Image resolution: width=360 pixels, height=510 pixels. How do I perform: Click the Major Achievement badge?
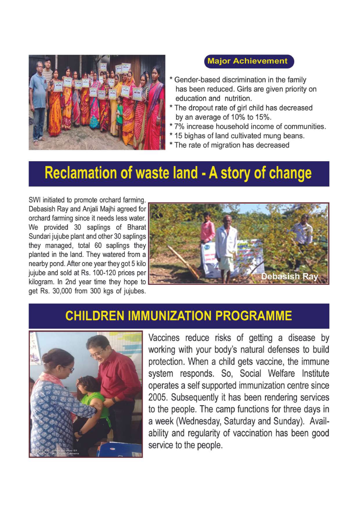coord(249,61)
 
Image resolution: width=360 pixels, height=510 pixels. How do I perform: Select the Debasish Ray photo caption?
coord(289,276)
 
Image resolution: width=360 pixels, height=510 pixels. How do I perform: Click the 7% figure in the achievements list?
coord(179,127)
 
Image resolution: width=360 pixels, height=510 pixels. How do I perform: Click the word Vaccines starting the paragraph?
coord(164,338)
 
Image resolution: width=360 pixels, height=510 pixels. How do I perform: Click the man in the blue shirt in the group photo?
coord(39,99)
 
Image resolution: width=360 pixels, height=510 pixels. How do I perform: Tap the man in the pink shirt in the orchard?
coord(208,228)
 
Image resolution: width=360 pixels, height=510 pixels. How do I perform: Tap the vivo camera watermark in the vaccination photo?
coord(55,452)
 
